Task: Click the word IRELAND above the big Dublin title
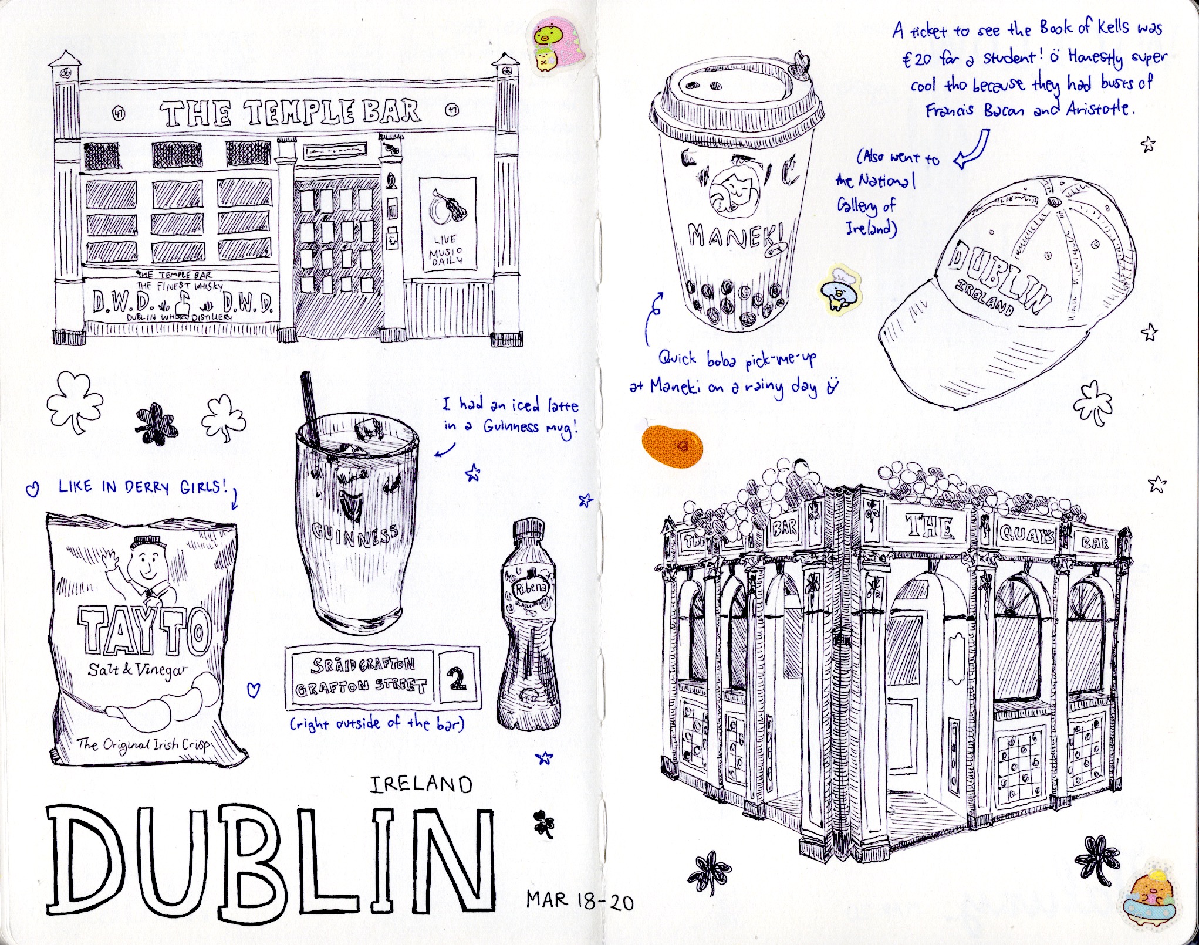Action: (x=421, y=785)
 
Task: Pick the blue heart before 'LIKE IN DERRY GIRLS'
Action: (x=33, y=487)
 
